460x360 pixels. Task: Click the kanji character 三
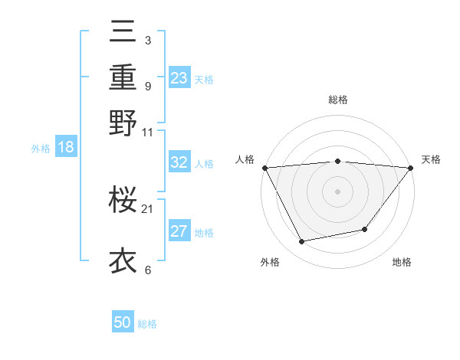point(123,33)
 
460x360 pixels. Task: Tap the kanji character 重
point(123,77)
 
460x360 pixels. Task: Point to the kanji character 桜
point(123,201)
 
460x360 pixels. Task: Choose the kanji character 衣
point(123,261)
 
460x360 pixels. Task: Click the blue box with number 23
point(179,78)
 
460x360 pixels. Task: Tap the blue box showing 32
point(179,162)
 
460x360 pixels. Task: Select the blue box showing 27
point(179,231)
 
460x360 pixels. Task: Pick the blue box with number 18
point(66,147)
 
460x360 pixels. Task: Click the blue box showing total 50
point(123,322)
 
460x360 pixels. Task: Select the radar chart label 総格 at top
point(337,100)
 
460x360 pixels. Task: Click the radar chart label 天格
point(432,159)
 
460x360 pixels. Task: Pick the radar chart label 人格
point(245,159)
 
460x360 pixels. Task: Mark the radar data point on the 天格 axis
point(410,168)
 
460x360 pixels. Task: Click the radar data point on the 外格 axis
point(302,241)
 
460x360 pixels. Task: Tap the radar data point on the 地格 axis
point(365,229)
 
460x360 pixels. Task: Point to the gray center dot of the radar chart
point(337,191)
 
